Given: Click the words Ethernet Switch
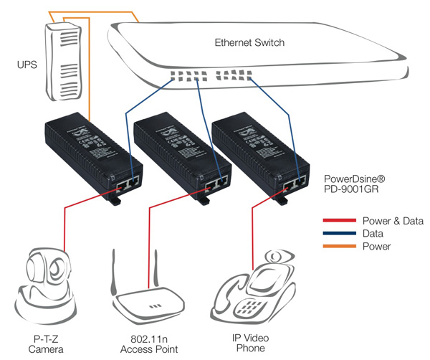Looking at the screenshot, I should pyautogui.click(x=249, y=43).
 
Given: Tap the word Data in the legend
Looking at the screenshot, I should pyautogui.click(x=372, y=233).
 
